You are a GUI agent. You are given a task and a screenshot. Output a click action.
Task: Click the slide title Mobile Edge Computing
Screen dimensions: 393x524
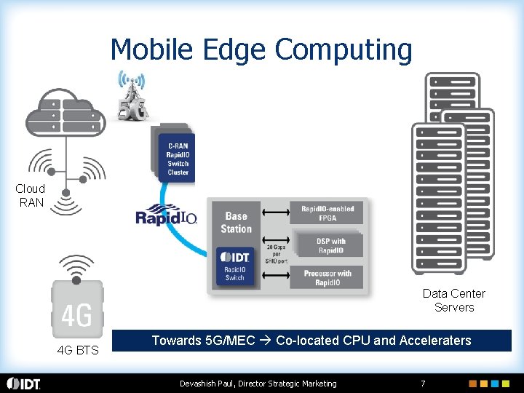coord(261,49)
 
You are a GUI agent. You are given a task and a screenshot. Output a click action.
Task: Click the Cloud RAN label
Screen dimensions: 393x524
coord(31,196)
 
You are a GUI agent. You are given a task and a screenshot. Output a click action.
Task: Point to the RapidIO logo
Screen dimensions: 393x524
coord(167,217)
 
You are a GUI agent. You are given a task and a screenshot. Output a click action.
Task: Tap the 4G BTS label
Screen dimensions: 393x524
coord(78,351)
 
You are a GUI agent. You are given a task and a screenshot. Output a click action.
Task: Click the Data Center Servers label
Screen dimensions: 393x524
coord(453,301)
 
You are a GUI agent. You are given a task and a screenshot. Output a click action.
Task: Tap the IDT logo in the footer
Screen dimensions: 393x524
coord(24,384)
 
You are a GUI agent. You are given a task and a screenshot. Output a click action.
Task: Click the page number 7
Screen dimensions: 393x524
coord(423,384)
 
